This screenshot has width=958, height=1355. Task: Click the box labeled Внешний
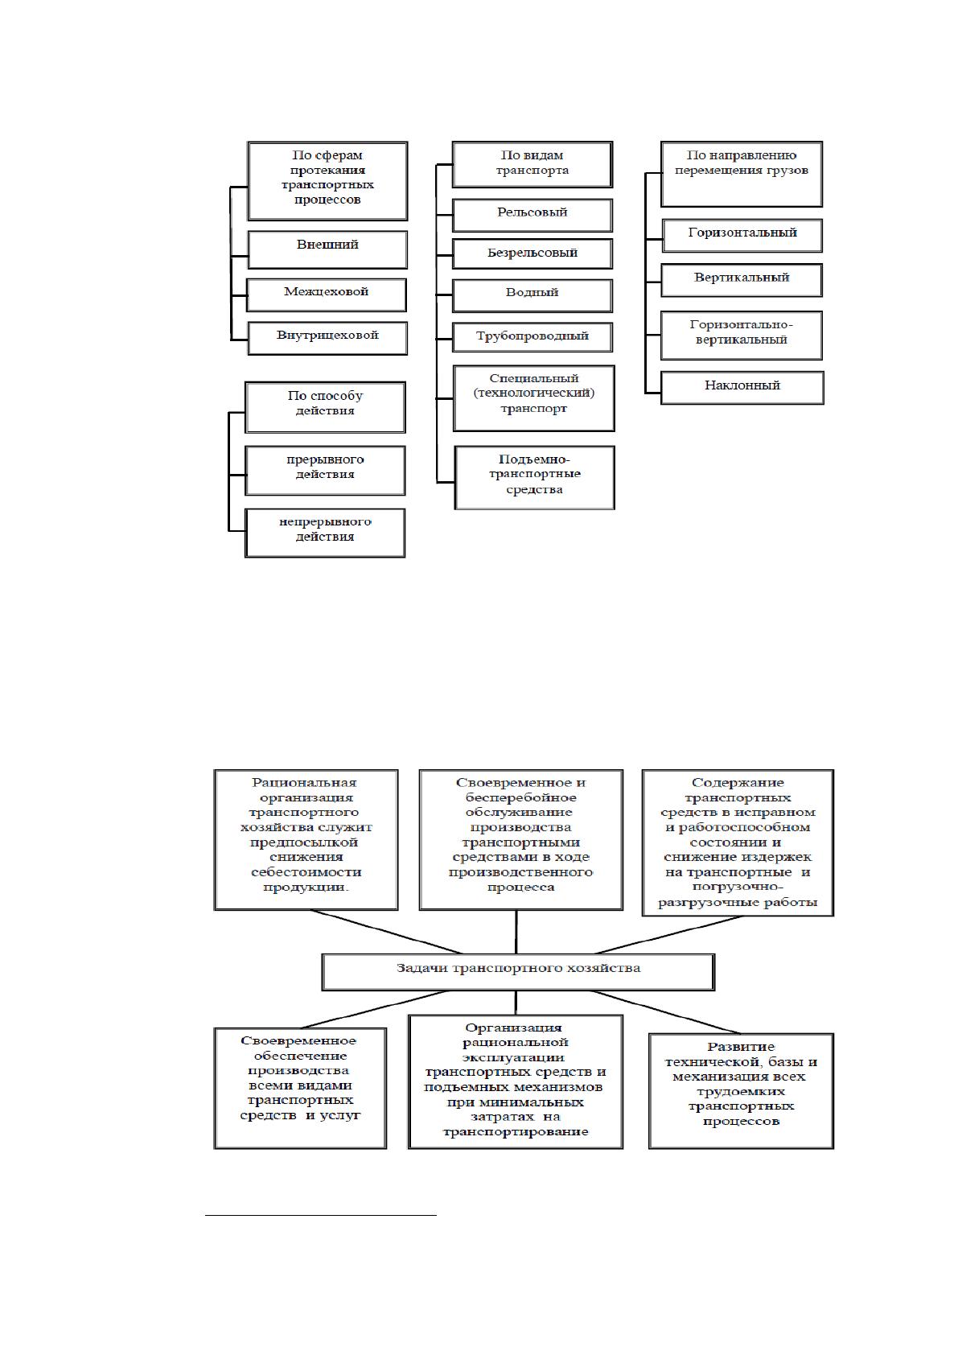[327, 249]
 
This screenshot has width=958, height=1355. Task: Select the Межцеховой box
[326, 294]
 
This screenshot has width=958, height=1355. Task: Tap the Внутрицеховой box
[327, 338]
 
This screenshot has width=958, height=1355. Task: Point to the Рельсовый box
[532, 216]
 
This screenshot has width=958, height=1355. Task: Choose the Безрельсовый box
[532, 253]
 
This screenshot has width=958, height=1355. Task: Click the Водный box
[532, 295]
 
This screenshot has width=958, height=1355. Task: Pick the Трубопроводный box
[532, 337]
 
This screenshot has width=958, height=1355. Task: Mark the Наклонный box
[742, 388]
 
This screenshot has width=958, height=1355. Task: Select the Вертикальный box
[742, 280]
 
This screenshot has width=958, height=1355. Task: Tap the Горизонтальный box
[742, 235]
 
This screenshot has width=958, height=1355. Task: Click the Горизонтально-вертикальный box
[742, 335]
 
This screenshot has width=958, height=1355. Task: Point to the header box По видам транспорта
[532, 164]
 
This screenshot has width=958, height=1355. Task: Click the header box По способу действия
[325, 407]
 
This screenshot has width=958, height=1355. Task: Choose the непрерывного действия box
[325, 533]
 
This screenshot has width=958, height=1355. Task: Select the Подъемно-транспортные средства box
[535, 478]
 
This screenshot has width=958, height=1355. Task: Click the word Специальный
[534, 378]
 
